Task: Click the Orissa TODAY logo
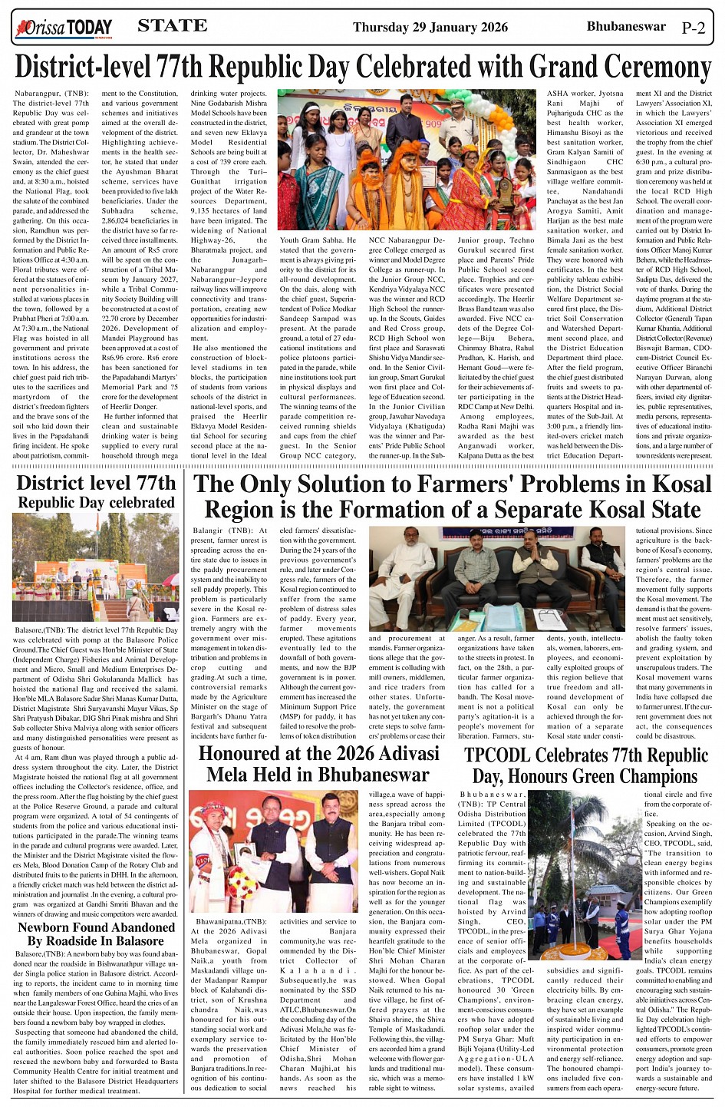tap(64, 29)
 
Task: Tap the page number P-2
tap(693, 28)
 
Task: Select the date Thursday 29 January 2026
tap(430, 28)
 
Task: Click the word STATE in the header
tap(172, 26)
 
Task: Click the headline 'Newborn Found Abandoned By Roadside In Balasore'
tap(96, 934)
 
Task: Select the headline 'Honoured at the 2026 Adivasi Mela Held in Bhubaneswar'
tap(318, 762)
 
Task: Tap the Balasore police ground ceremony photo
tap(96, 567)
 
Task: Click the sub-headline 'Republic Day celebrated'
tap(96, 503)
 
